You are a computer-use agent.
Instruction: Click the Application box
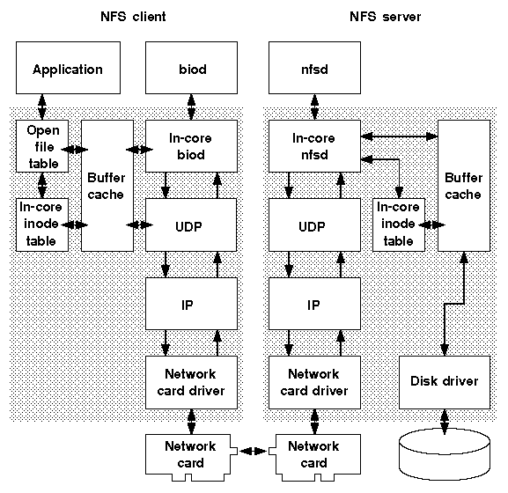67,70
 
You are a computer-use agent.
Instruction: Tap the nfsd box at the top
313,70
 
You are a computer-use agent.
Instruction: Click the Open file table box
42,146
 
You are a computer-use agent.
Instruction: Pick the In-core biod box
190,146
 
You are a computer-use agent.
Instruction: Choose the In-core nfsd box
313,146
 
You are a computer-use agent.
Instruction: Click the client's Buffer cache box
107,185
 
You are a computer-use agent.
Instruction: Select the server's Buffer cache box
463,185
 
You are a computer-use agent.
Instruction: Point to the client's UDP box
190,225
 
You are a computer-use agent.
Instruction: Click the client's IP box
190,304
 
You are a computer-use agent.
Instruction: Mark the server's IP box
313,304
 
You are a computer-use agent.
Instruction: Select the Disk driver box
445,381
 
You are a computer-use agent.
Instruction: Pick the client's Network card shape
190,454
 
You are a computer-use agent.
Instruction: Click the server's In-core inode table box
398,224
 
